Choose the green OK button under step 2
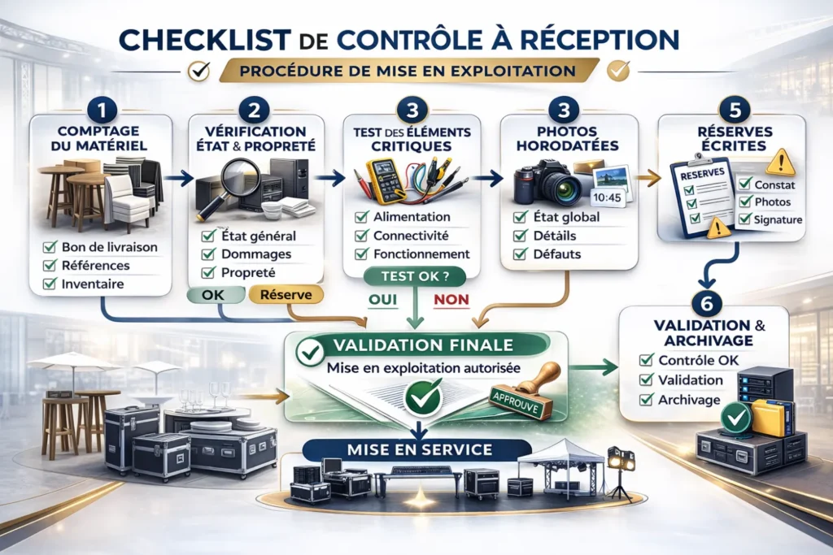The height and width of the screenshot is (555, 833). pos(212,294)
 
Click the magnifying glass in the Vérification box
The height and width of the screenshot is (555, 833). pos(239,176)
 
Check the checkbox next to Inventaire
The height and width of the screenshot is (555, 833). pos(48,284)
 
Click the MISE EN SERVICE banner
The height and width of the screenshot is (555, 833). pos(416,449)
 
